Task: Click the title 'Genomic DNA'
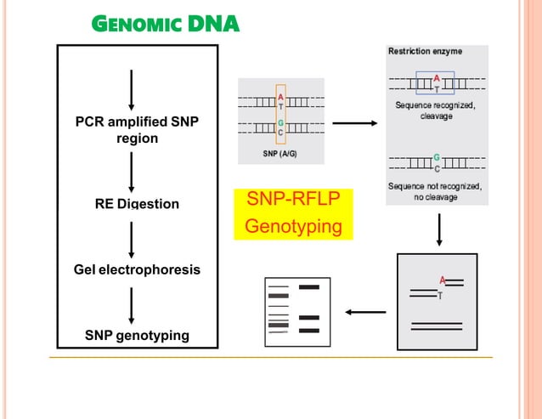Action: tap(166, 25)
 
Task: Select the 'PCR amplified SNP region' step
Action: tap(137, 130)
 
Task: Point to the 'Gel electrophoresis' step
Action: tap(137, 269)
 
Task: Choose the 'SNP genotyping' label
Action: tap(137, 335)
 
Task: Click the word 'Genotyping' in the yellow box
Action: tap(292, 227)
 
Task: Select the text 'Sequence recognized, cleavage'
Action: tap(436, 110)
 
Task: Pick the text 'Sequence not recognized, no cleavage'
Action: tap(435, 191)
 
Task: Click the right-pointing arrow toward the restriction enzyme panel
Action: tap(355, 124)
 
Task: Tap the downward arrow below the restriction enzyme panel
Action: tap(439, 229)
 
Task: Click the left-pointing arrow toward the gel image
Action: tap(366, 312)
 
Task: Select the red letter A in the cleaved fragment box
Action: tap(442, 280)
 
